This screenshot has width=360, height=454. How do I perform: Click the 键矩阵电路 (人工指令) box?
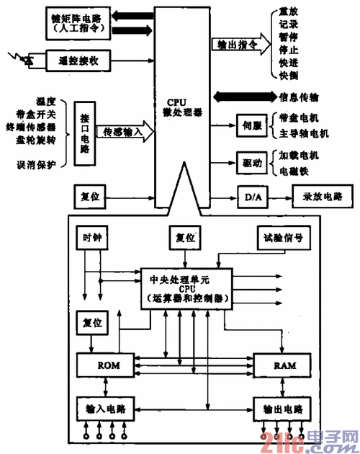pyautogui.click(x=77, y=23)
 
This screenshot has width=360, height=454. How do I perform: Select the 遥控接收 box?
pyautogui.click(x=78, y=62)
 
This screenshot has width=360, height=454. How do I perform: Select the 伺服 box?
pyautogui.click(x=251, y=125)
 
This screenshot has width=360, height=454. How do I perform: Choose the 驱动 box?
pyautogui.click(x=251, y=161)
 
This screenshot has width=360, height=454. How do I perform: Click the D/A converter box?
pyautogui.click(x=251, y=196)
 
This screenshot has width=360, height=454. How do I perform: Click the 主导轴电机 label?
pyautogui.click(x=303, y=133)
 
